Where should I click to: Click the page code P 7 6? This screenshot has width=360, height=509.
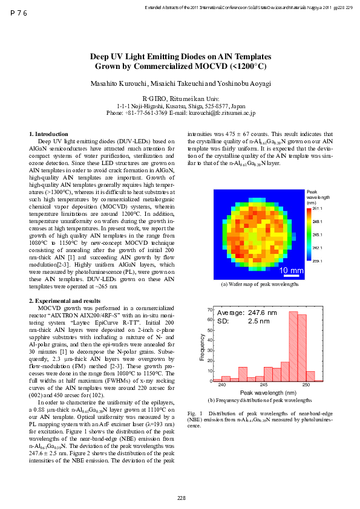[x=19, y=12]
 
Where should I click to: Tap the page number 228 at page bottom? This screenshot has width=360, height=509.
[x=181, y=498]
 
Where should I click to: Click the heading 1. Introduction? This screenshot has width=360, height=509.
[x=48, y=133]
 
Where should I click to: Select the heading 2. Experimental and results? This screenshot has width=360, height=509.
[x=65, y=300]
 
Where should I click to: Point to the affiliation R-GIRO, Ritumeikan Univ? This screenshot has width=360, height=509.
[x=180, y=98]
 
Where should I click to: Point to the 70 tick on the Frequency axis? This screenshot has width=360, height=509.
[x=209, y=310]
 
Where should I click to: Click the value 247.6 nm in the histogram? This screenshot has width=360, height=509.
[x=263, y=313]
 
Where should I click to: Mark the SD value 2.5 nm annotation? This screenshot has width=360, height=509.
[x=259, y=321]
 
